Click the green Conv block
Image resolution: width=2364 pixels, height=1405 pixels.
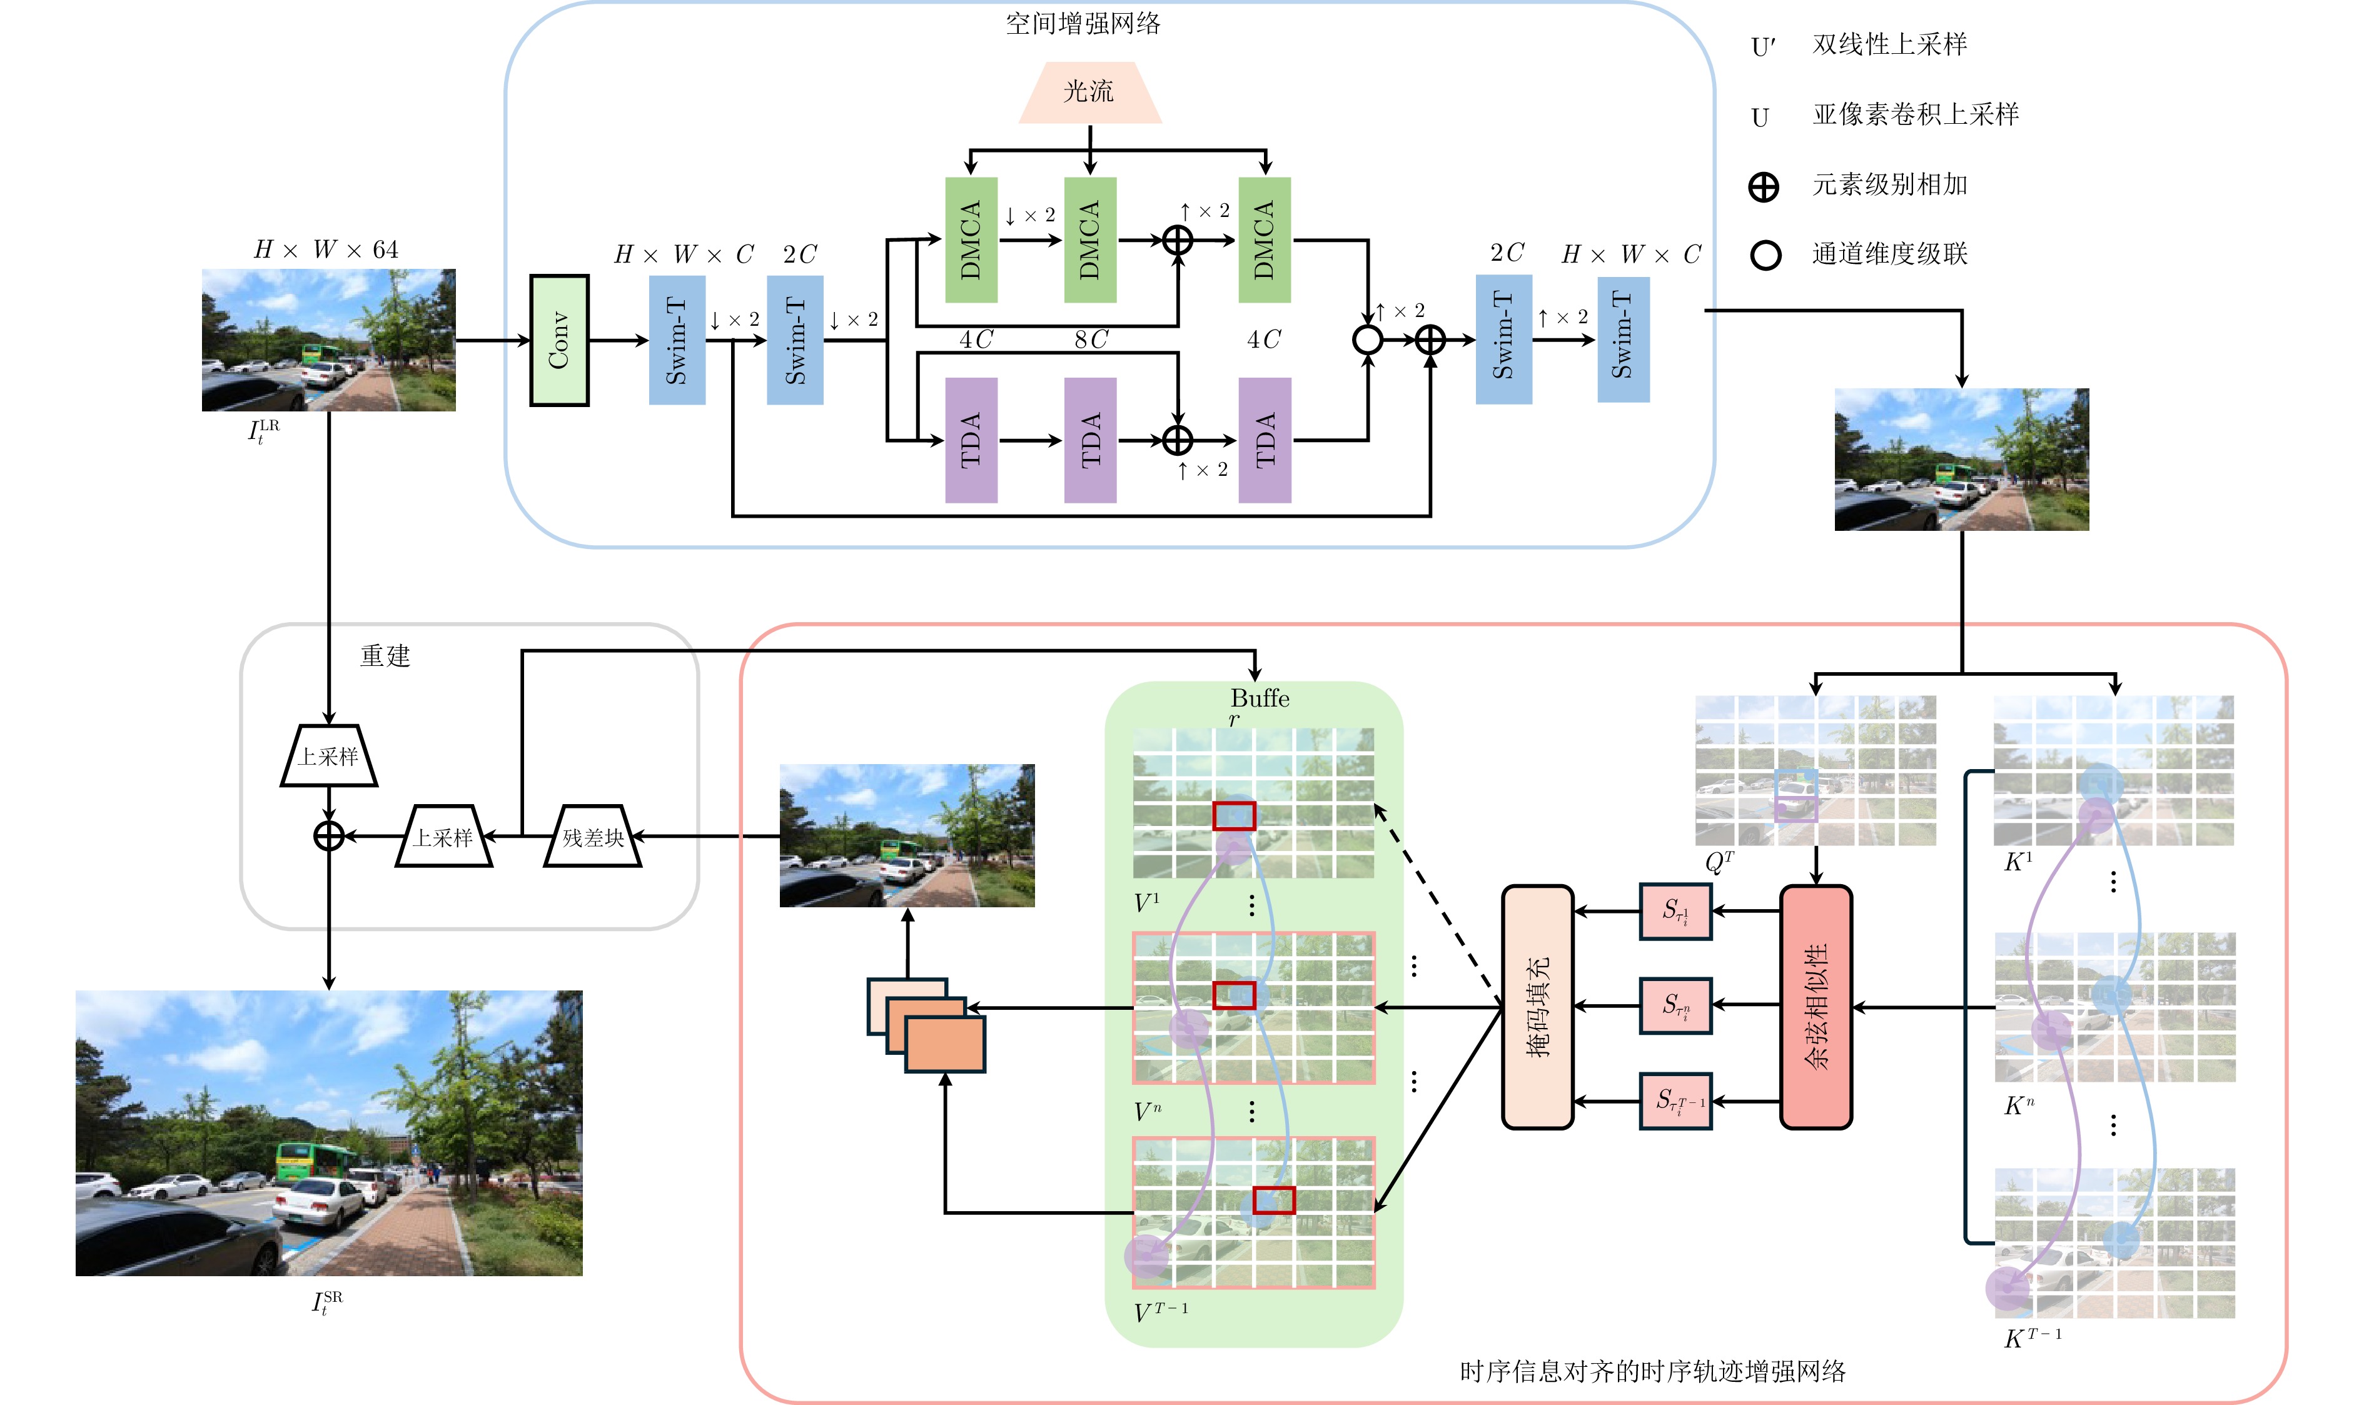coord(558,340)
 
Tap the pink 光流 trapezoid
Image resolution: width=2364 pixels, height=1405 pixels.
coord(1089,93)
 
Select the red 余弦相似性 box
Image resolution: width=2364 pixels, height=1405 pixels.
coord(1816,1007)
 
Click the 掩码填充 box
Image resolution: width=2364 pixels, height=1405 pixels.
coord(1537,1007)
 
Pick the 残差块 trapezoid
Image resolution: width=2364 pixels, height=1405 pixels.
coord(594,836)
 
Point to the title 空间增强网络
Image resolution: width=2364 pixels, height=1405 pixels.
coord(1083,24)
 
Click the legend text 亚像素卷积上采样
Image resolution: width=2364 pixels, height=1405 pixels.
coord(1915,114)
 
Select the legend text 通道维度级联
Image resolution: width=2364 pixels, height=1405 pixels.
coord(1890,254)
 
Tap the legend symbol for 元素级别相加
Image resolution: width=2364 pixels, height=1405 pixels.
coord(1764,186)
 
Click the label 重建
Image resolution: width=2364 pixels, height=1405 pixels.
coord(385,655)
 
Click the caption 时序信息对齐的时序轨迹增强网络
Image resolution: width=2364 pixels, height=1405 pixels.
coord(1652,1371)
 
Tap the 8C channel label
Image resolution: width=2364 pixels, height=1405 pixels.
coord(1091,339)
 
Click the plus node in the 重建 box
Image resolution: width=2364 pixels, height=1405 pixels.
coord(328,836)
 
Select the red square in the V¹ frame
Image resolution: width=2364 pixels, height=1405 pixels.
coord(1234,815)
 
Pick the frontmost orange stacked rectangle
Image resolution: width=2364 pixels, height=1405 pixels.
coord(945,1044)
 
